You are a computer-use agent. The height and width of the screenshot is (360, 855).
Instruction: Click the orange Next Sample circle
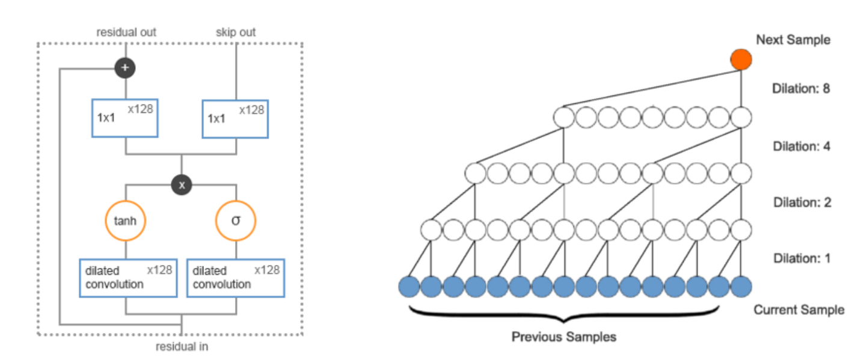pyautogui.click(x=741, y=59)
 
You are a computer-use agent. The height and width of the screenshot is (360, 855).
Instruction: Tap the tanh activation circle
pyautogui.click(x=126, y=221)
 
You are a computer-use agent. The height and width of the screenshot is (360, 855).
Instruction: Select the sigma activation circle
pyautogui.click(x=236, y=221)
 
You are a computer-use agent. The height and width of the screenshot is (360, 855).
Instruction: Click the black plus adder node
pyautogui.click(x=125, y=68)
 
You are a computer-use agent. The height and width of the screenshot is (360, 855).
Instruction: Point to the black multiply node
pyautogui.click(x=181, y=185)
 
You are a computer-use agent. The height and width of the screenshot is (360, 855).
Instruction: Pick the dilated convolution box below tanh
pyautogui.click(x=128, y=278)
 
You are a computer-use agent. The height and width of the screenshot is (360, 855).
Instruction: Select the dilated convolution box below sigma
pyautogui.click(x=236, y=278)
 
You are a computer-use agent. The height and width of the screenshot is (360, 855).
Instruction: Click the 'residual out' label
pyautogui.click(x=126, y=32)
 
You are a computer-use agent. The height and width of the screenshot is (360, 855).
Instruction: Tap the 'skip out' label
pyautogui.click(x=236, y=32)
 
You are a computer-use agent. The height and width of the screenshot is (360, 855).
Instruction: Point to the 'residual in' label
pyautogui.click(x=182, y=347)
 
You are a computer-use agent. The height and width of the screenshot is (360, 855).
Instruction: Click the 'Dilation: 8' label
pyautogui.click(x=801, y=88)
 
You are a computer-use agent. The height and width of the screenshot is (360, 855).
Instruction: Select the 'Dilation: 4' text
pyautogui.click(x=801, y=145)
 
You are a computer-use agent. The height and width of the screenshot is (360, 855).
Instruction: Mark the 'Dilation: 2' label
pyautogui.click(x=801, y=202)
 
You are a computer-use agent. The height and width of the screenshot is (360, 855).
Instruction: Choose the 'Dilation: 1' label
pyautogui.click(x=801, y=258)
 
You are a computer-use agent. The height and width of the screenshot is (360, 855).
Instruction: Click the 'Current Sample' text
pyautogui.click(x=798, y=310)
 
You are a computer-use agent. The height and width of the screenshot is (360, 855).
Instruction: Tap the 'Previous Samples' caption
pyautogui.click(x=563, y=337)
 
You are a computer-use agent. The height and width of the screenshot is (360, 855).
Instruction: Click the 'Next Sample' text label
pyautogui.click(x=792, y=40)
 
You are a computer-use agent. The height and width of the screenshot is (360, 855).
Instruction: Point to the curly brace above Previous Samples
pyautogui.click(x=564, y=314)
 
